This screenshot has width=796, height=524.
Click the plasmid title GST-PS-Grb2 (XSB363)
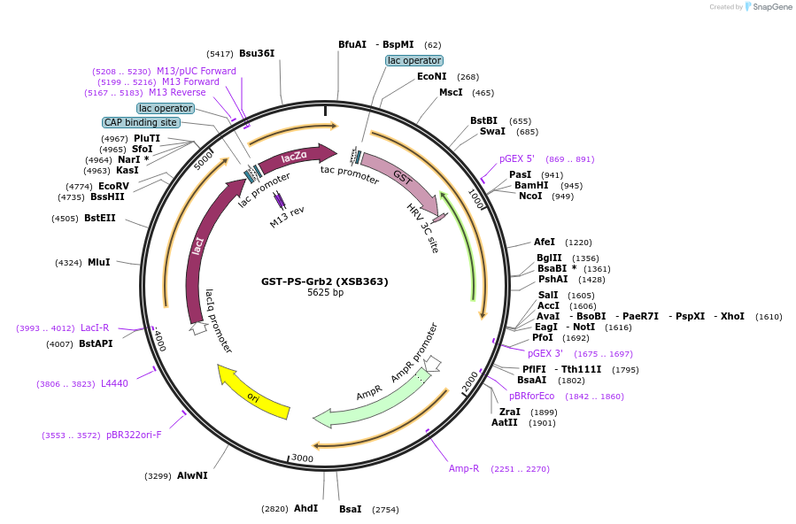(324, 281)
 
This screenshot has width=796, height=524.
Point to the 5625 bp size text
(325, 293)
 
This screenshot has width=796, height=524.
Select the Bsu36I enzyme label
(257, 53)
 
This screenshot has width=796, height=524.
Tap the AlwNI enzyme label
(192, 475)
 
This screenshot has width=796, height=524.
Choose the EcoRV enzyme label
(113, 186)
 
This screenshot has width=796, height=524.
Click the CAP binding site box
(141, 122)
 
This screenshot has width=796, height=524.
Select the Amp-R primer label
(463, 468)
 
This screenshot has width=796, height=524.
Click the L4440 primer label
(114, 383)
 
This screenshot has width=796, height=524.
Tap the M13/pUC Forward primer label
(197, 71)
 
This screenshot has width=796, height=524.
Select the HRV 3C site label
(422, 228)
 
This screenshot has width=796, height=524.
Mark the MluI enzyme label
(99, 262)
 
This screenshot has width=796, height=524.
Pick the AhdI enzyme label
(305, 508)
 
